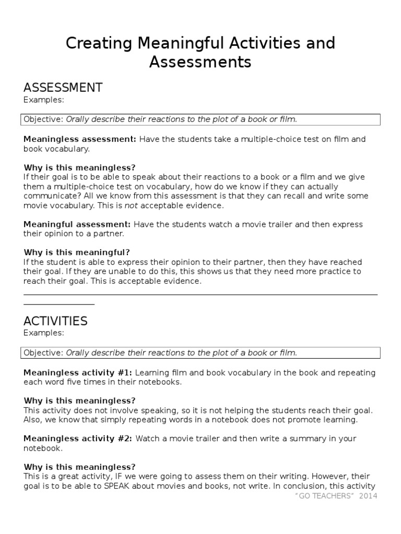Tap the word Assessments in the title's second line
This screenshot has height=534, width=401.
point(200,63)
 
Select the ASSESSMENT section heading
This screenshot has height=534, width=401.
point(63,87)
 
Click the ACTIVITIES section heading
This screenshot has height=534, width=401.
point(55,320)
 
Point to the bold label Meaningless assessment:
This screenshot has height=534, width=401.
point(80,139)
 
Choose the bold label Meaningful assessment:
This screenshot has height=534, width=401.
point(77,224)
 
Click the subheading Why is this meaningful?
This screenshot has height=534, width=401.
point(77,252)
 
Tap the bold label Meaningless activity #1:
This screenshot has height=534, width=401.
point(78,373)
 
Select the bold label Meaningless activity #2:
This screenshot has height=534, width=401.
point(78,439)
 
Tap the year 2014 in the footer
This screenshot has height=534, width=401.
point(369,496)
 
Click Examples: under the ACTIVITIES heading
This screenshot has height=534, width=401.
point(44,333)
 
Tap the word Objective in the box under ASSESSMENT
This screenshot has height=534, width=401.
point(42,119)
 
